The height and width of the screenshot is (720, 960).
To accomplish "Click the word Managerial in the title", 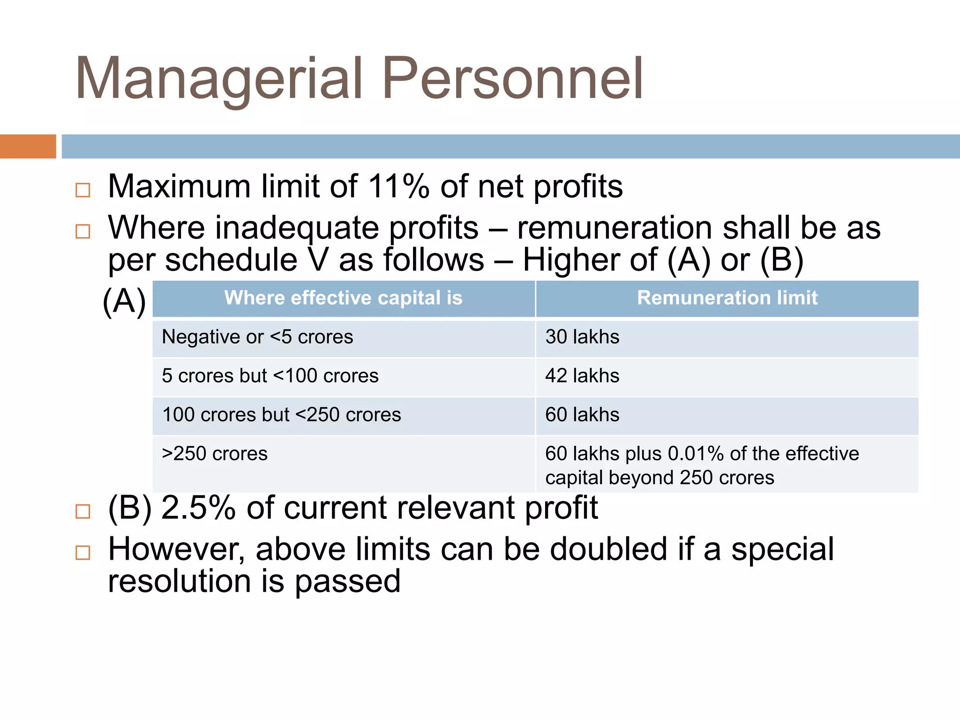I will (219, 78).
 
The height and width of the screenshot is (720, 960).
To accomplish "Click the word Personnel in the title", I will (512, 78).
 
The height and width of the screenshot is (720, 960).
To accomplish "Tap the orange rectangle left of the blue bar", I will (28, 146).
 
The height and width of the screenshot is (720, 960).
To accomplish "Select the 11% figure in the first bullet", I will (398, 187).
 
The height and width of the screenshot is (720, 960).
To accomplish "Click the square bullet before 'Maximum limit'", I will (83, 190).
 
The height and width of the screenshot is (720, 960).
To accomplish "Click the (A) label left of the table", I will (124, 301).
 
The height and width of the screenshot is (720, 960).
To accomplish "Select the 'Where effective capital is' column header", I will (343, 298).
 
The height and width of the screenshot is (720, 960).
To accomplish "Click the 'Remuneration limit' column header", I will (727, 298).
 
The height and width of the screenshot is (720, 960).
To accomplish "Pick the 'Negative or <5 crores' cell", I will (257, 337).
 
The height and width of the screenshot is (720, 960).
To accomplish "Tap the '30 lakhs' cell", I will (582, 337).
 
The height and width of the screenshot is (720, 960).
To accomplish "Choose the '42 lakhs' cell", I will (582, 376).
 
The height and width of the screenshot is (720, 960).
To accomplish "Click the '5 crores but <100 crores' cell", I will (270, 376).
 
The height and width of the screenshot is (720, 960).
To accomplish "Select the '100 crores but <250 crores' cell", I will (281, 415).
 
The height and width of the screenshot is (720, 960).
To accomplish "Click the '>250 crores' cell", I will (215, 454).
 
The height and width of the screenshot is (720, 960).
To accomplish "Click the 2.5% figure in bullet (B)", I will (198, 508).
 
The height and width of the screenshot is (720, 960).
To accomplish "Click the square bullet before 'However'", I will (83, 553).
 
